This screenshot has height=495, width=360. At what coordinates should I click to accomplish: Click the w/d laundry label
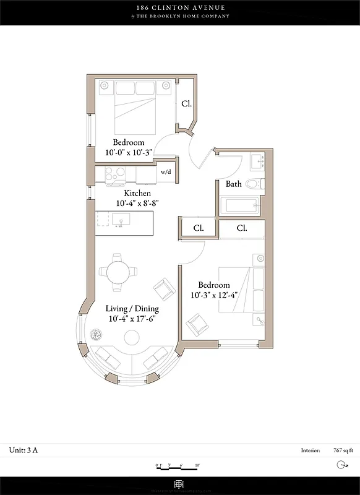click(165, 172)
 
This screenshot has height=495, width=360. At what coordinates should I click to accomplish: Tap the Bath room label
click(233, 184)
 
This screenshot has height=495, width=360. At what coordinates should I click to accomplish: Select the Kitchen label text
click(137, 194)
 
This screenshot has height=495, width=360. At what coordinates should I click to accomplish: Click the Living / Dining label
click(132, 309)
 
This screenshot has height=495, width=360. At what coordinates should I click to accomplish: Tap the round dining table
click(118, 271)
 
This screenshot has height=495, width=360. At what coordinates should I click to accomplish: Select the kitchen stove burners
click(115, 174)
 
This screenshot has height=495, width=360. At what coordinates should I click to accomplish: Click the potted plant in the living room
click(96, 334)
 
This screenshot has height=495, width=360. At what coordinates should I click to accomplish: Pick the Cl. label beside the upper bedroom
click(186, 104)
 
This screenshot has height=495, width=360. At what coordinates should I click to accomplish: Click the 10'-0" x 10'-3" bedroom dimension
click(128, 152)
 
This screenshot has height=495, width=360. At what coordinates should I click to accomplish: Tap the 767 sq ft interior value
click(342, 450)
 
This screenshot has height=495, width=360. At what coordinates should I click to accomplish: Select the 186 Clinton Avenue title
click(181, 7)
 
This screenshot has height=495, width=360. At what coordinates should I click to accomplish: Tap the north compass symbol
click(341, 465)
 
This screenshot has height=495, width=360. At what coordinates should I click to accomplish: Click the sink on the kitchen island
click(119, 220)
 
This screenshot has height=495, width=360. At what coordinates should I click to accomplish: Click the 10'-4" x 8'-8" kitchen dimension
click(137, 203)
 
